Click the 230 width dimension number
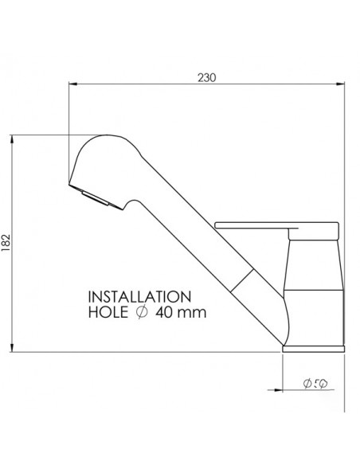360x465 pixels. (x=207, y=77)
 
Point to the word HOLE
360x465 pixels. (x=107, y=312)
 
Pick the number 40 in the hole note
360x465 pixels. (x=166, y=312)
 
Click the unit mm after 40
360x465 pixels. (x=195, y=312)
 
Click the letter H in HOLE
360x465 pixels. (x=92, y=312)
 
